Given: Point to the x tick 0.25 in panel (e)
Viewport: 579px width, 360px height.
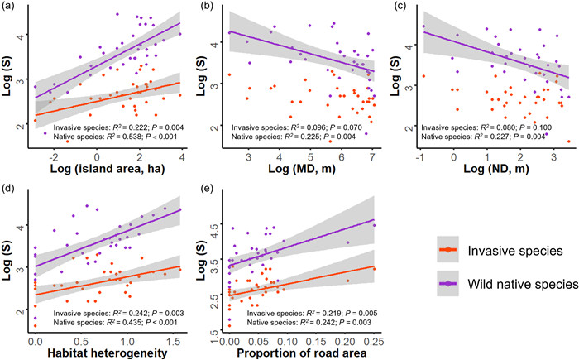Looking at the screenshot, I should click(x=374, y=340).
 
